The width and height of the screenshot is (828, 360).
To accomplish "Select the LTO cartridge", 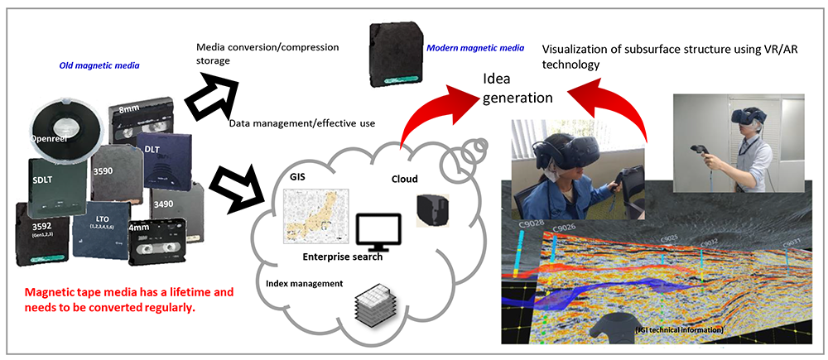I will pyautogui.click(x=103, y=232).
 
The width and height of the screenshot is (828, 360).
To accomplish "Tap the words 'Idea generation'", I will pyautogui.click(x=518, y=89).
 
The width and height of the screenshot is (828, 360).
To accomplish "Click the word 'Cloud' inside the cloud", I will pyautogui.click(x=407, y=179).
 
